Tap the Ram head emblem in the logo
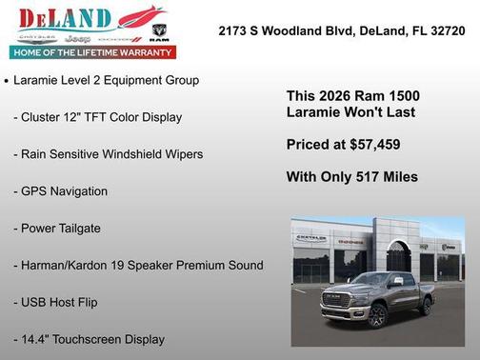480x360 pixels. (160, 30)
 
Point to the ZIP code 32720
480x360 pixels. (446, 30)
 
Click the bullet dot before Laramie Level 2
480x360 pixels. (8, 82)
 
